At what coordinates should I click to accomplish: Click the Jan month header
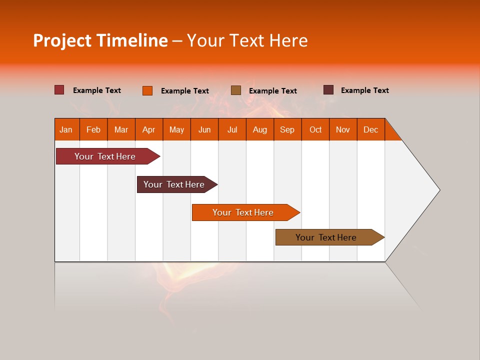pos(66,129)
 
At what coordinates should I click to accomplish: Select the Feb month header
pos(93,129)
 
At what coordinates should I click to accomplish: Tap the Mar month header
pos(121,129)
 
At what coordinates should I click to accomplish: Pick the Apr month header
pos(148,129)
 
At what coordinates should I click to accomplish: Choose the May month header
pos(176,129)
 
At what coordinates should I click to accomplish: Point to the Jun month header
pos(204,129)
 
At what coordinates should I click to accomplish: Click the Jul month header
pos(232,129)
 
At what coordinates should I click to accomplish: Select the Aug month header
pos(259,129)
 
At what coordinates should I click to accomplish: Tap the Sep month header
pos(287,129)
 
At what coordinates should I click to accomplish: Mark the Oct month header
pos(315,129)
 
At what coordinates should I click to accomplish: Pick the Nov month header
pos(343,129)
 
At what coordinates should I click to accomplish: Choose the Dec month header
pos(370,129)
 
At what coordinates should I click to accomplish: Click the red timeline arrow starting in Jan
pos(105,156)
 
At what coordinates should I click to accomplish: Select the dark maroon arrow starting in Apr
pos(174,184)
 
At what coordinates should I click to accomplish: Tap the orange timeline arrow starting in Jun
pos(243,212)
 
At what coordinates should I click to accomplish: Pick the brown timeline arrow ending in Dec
pos(326,237)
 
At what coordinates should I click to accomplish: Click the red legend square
pos(59,90)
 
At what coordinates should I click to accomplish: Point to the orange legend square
pos(147,90)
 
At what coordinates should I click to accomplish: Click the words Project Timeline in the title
pos(100,40)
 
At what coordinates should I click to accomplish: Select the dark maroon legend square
pos(328,90)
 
